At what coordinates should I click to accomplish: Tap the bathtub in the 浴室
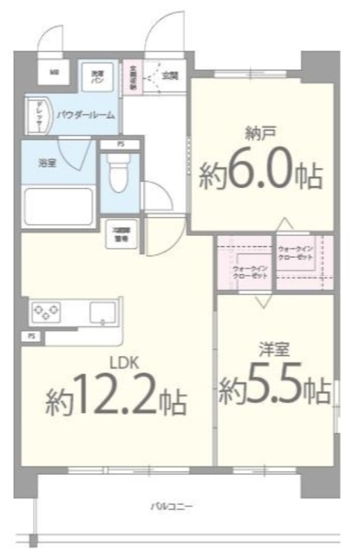point(59,206)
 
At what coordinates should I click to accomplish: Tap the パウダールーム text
point(86,114)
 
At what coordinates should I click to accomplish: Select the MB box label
point(54,73)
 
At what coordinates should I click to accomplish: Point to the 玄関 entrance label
point(169,75)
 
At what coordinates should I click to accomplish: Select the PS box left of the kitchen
point(30,336)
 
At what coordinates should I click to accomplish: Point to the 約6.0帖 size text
point(261,175)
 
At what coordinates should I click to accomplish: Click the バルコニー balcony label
point(171,504)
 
